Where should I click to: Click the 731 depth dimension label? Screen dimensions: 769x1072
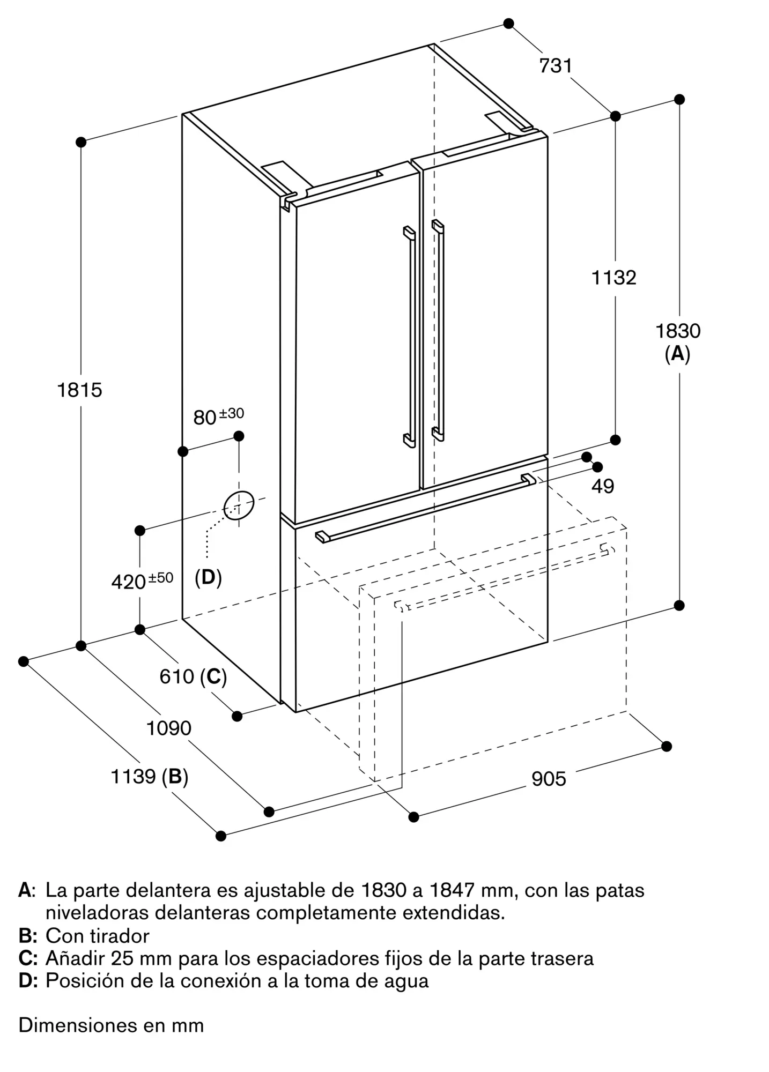(556, 66)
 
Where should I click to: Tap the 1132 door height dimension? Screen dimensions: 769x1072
(613, 278)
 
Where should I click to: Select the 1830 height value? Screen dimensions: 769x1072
(678, 331)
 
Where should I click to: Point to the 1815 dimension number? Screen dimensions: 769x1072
(79, 390)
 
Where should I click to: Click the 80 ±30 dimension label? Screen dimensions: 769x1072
(218, 416)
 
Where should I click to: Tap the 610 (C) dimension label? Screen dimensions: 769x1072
(193, 677)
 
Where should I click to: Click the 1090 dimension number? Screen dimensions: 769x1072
(169, 728)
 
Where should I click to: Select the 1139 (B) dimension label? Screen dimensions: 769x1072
(149, 776)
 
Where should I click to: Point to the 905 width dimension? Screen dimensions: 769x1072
(549, 779)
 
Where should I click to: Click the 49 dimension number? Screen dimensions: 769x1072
(603, 486)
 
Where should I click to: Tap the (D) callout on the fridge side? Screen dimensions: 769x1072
(208, 577)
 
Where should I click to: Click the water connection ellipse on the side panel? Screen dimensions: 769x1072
(239, 505)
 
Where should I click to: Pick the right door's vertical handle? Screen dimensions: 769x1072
(439, 330)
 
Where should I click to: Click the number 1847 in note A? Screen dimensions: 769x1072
(449, 890)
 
